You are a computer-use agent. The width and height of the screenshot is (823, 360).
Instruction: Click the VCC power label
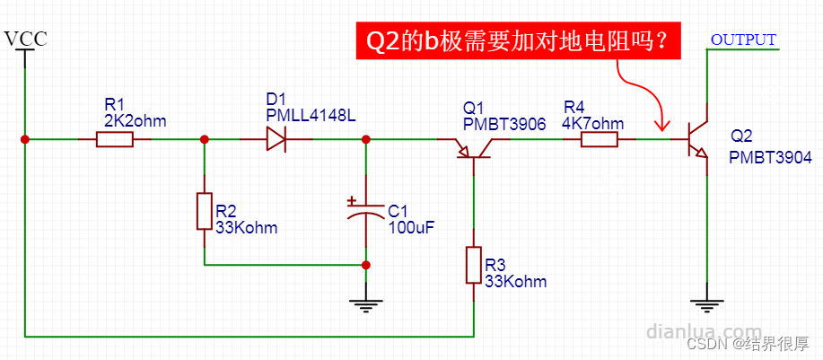tap(25, 40)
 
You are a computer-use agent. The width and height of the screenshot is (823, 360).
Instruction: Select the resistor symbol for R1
tap(115, 139)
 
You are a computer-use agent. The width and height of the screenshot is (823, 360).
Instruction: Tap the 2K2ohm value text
tap(135, 120)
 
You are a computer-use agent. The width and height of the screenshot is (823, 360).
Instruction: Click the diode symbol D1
tap(276, 139)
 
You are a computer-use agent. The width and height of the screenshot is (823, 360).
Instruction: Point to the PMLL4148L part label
tap(311, 115)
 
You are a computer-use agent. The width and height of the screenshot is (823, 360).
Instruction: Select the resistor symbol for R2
tap(204, 211)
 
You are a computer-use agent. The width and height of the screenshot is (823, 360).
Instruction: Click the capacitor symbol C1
tap(365, 211)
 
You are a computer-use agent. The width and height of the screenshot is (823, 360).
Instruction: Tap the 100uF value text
tap(411, 228)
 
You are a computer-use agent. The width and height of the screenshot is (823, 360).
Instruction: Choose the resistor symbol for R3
tap(473, 266)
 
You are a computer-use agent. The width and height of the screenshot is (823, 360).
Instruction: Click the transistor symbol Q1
tap(473, 147)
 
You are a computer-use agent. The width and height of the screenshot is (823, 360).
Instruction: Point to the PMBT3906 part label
tap(504, 124)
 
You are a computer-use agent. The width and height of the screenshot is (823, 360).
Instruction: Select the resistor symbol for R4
tap(599, 139)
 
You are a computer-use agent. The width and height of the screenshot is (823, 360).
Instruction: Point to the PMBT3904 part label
tap(770, 157)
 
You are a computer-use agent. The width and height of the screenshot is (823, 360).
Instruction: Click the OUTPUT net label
tap(743, 40)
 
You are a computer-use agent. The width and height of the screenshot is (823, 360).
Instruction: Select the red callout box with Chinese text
tap(518, 40)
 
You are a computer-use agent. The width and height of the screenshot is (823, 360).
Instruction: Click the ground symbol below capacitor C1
tap(365, 304)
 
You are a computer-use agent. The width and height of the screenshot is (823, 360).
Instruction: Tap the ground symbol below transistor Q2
tap(707, 304)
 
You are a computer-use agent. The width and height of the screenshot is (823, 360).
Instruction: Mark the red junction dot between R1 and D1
tap(204, 139)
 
